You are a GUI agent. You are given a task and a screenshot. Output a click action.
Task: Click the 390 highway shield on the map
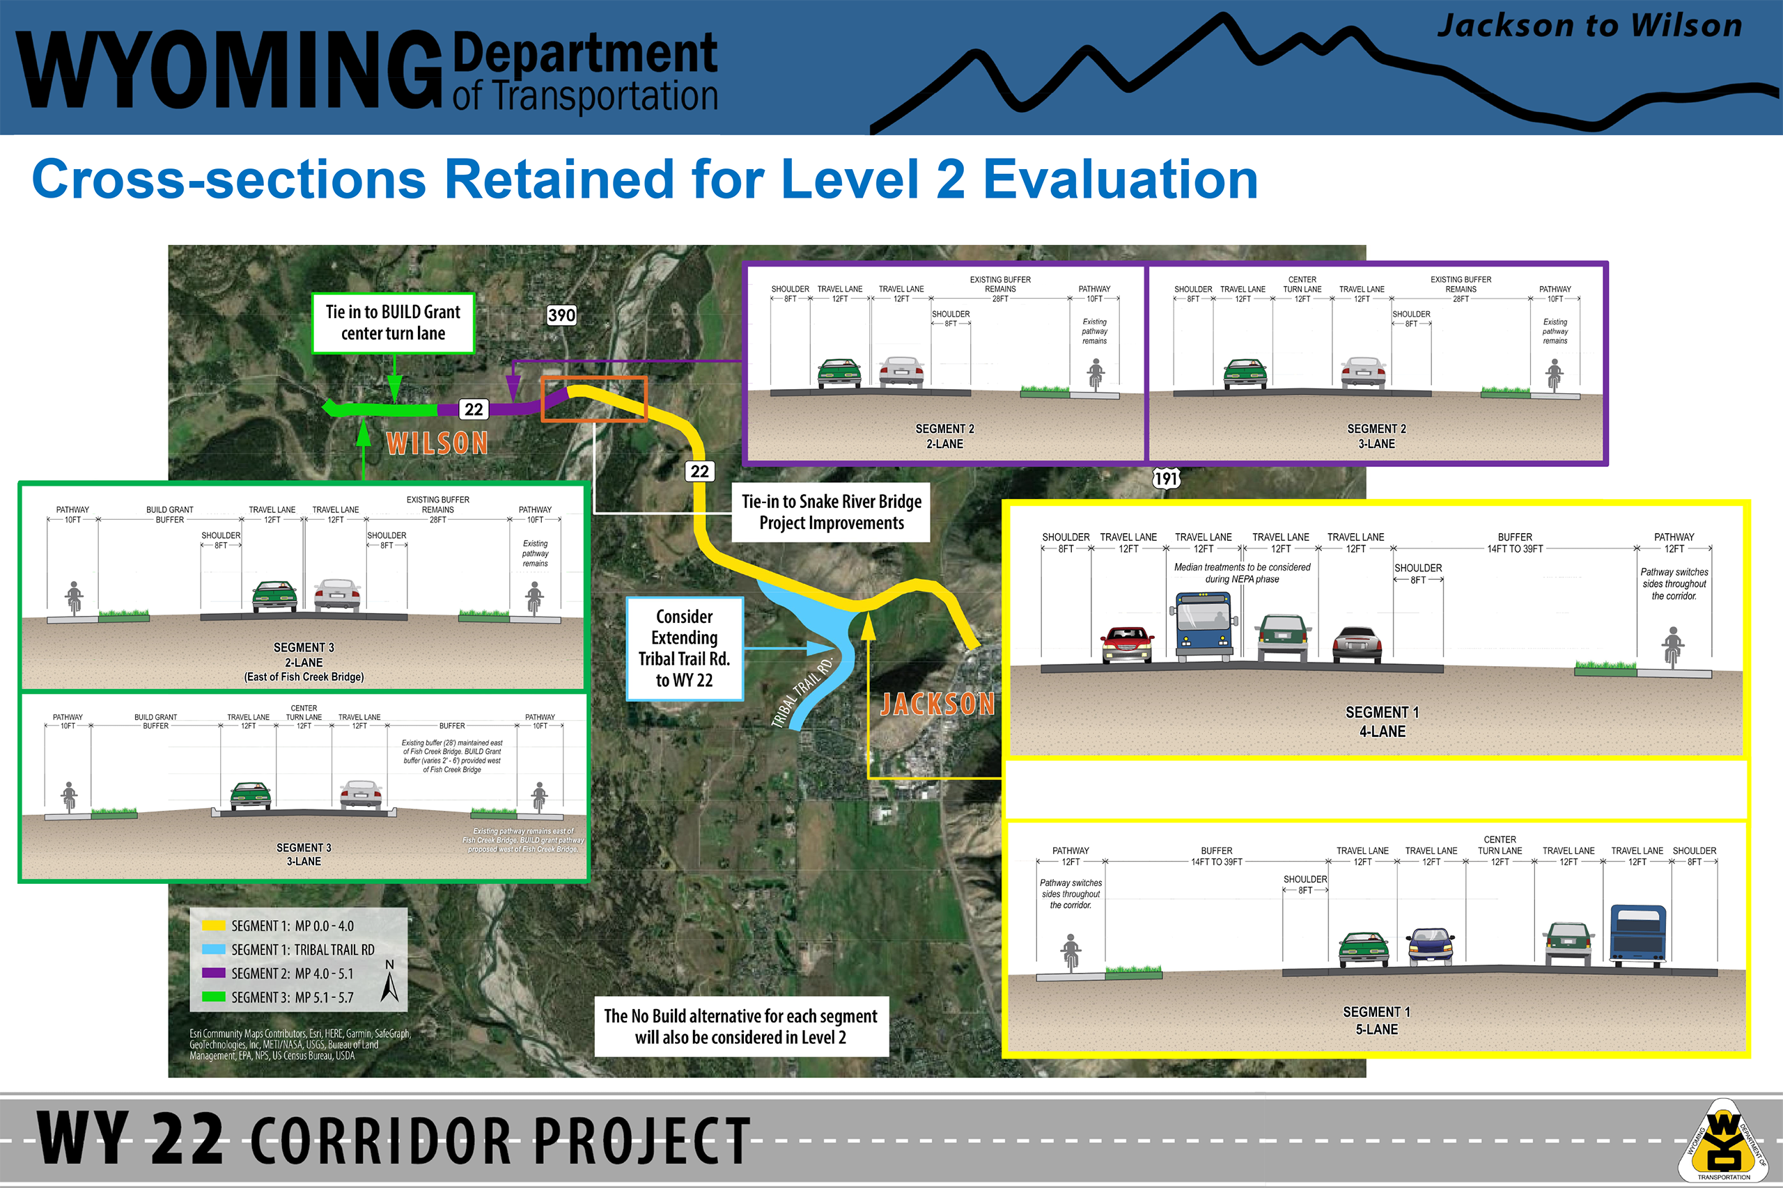(561, 315)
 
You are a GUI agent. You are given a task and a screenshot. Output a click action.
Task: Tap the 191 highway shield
(1166, 478)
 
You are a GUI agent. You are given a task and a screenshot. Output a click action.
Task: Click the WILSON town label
(437, 443)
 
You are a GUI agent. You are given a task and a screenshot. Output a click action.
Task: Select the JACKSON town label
(937, 704)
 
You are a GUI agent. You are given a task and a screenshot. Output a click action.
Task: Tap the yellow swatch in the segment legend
(214, 925)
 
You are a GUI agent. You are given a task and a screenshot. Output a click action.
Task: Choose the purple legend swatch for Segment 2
(214, 973)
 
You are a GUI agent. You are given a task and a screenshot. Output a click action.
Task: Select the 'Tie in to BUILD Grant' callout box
(394, 323)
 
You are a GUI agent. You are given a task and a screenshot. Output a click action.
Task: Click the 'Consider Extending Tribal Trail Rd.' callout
(685, 649)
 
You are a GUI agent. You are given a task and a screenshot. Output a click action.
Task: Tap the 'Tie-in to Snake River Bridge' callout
(831, 512)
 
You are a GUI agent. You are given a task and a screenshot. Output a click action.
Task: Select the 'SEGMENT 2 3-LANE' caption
(1376, 436)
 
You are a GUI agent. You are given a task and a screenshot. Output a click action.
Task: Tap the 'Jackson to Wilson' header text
(1589, 26)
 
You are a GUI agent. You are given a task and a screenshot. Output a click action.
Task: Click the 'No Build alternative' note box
(740, 1027)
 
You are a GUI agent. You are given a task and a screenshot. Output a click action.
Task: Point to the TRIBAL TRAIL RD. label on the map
(801, 692)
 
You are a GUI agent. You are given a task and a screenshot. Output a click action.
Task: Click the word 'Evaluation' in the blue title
(1121, 180)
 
